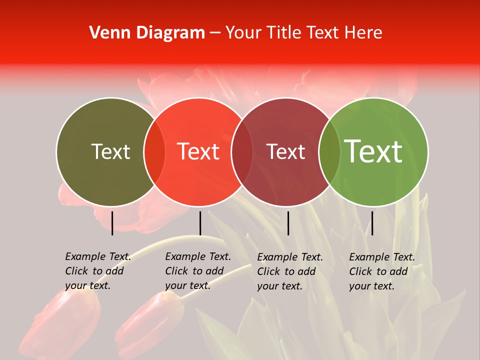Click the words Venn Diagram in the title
[147, 33]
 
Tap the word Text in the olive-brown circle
[110, 152]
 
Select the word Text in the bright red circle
[198, 152]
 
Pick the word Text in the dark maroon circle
[285, 152]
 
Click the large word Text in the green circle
[373, 151]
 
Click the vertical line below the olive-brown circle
[112, 223]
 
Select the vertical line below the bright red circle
[200, 223]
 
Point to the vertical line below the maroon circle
[288, 223]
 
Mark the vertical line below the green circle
[372, 223]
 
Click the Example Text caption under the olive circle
[98, 271]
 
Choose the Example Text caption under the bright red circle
[198, 271]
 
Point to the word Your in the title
[243, 33]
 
